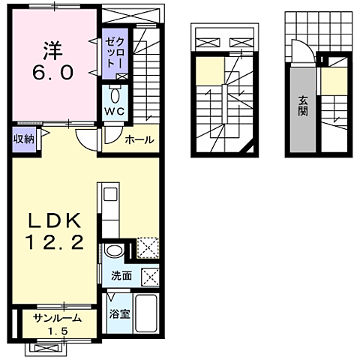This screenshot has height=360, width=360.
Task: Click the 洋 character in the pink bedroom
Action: pos(52,50)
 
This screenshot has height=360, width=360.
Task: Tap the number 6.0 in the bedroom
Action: pos(53,72)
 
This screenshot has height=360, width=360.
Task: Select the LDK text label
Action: pos(55,220)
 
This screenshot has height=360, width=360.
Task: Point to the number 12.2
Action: pos(55,242)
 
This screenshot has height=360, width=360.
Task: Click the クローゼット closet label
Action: pos(115,53)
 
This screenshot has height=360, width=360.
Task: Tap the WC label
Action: pos(115,112)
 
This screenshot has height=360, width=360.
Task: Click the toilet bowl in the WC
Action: pos(115,95)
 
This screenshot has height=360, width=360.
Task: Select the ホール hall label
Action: pos(139,139)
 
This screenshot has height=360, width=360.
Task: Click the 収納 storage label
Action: pos(24,139)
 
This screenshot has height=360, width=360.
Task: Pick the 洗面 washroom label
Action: pos(121,276)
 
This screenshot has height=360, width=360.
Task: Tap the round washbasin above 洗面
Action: pos(114,250)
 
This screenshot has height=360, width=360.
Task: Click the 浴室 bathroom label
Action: pos(120,313)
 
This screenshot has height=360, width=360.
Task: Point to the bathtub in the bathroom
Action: pos(146,313)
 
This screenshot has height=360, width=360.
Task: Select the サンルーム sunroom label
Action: pos(58,319)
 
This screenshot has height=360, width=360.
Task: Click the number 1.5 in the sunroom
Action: pos(58,331)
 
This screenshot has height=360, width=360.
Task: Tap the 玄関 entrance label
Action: pos(303,106)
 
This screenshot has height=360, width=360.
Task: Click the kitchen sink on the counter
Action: pos(110,194)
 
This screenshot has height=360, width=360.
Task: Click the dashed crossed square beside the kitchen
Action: pos(148,248)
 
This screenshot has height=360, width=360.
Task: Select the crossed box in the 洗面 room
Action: pos(150,277)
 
